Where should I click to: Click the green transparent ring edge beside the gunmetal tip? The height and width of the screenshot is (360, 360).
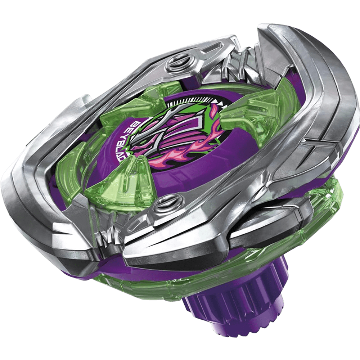[324, 209]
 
